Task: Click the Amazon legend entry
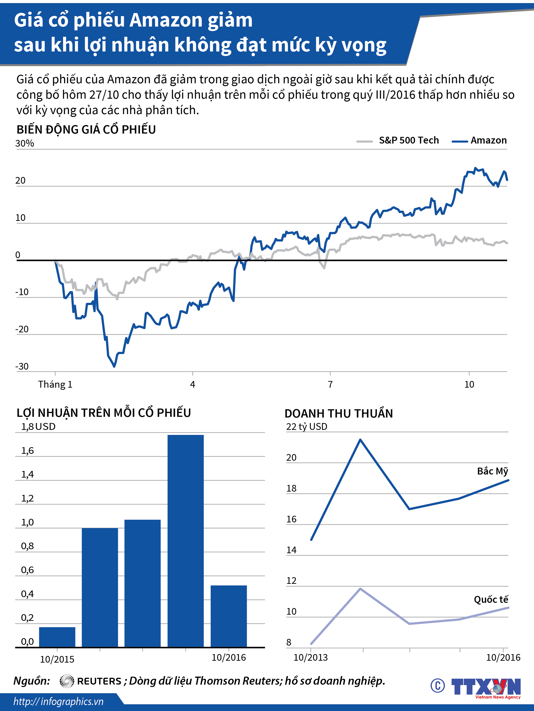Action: [479, 140]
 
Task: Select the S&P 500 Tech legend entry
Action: [398, 140]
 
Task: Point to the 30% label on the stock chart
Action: [25, 143]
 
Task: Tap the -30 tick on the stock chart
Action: [22, 367]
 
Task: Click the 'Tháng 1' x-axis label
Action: [55, 384]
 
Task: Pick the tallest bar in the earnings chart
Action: [186, 541]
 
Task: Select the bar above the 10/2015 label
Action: [57, 637]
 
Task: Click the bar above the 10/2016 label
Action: [229, 616]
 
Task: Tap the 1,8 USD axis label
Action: [38, 427]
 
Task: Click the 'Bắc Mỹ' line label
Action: [492, 471]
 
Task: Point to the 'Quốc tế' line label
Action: [491, 599]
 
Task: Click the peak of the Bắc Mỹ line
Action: [361, 439]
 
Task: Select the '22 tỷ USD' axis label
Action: [307, 427]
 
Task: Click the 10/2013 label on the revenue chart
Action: [311, 657]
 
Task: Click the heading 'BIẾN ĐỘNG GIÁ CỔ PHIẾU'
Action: [86, 130]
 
